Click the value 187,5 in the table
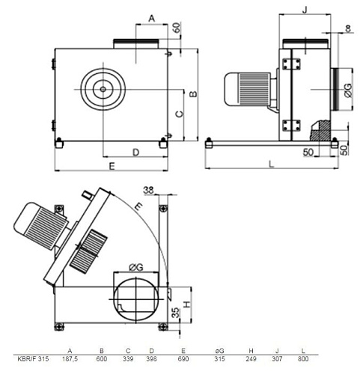pos(70,359)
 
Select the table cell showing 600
pos(102,359)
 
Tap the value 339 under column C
pos(128,359)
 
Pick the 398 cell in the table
pos(151,359)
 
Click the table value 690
pos(183,359)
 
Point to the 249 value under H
pos(251,359)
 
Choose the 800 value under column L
pos(303,359)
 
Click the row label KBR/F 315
pos(33,359)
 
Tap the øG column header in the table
pos(219,351)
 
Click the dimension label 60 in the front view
pos(176,28)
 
